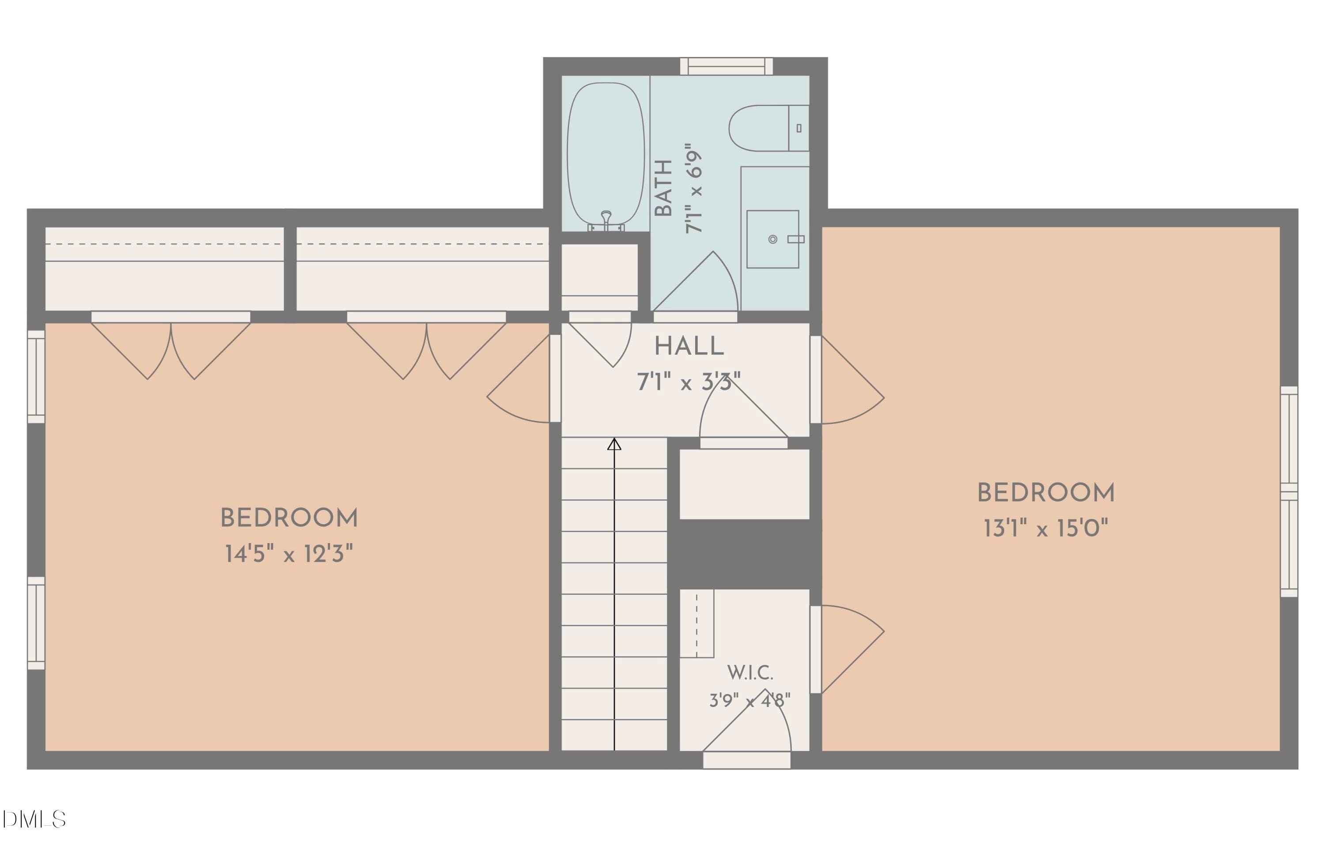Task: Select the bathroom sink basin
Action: click(x=773, y=239)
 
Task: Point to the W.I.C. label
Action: click(x=750, y=673)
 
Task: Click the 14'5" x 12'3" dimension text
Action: click(x=289, y=554)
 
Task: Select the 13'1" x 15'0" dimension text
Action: click(x=1045, y=528)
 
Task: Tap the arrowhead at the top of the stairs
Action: click(x=614, y=444)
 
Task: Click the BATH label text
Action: click(x=664, y=188)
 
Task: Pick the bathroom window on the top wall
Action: click(x=727, y=66)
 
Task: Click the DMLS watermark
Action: click(x=34, y=819)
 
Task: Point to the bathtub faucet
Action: click(x=606, y=221)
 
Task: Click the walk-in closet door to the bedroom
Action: click(x=847, y=649)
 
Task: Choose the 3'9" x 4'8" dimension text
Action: click(x=750, y=700)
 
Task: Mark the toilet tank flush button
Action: click(x=799, y=128)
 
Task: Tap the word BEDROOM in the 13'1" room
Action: click(x=1045, y=493)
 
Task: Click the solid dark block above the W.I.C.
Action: click(x=744, y=554)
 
